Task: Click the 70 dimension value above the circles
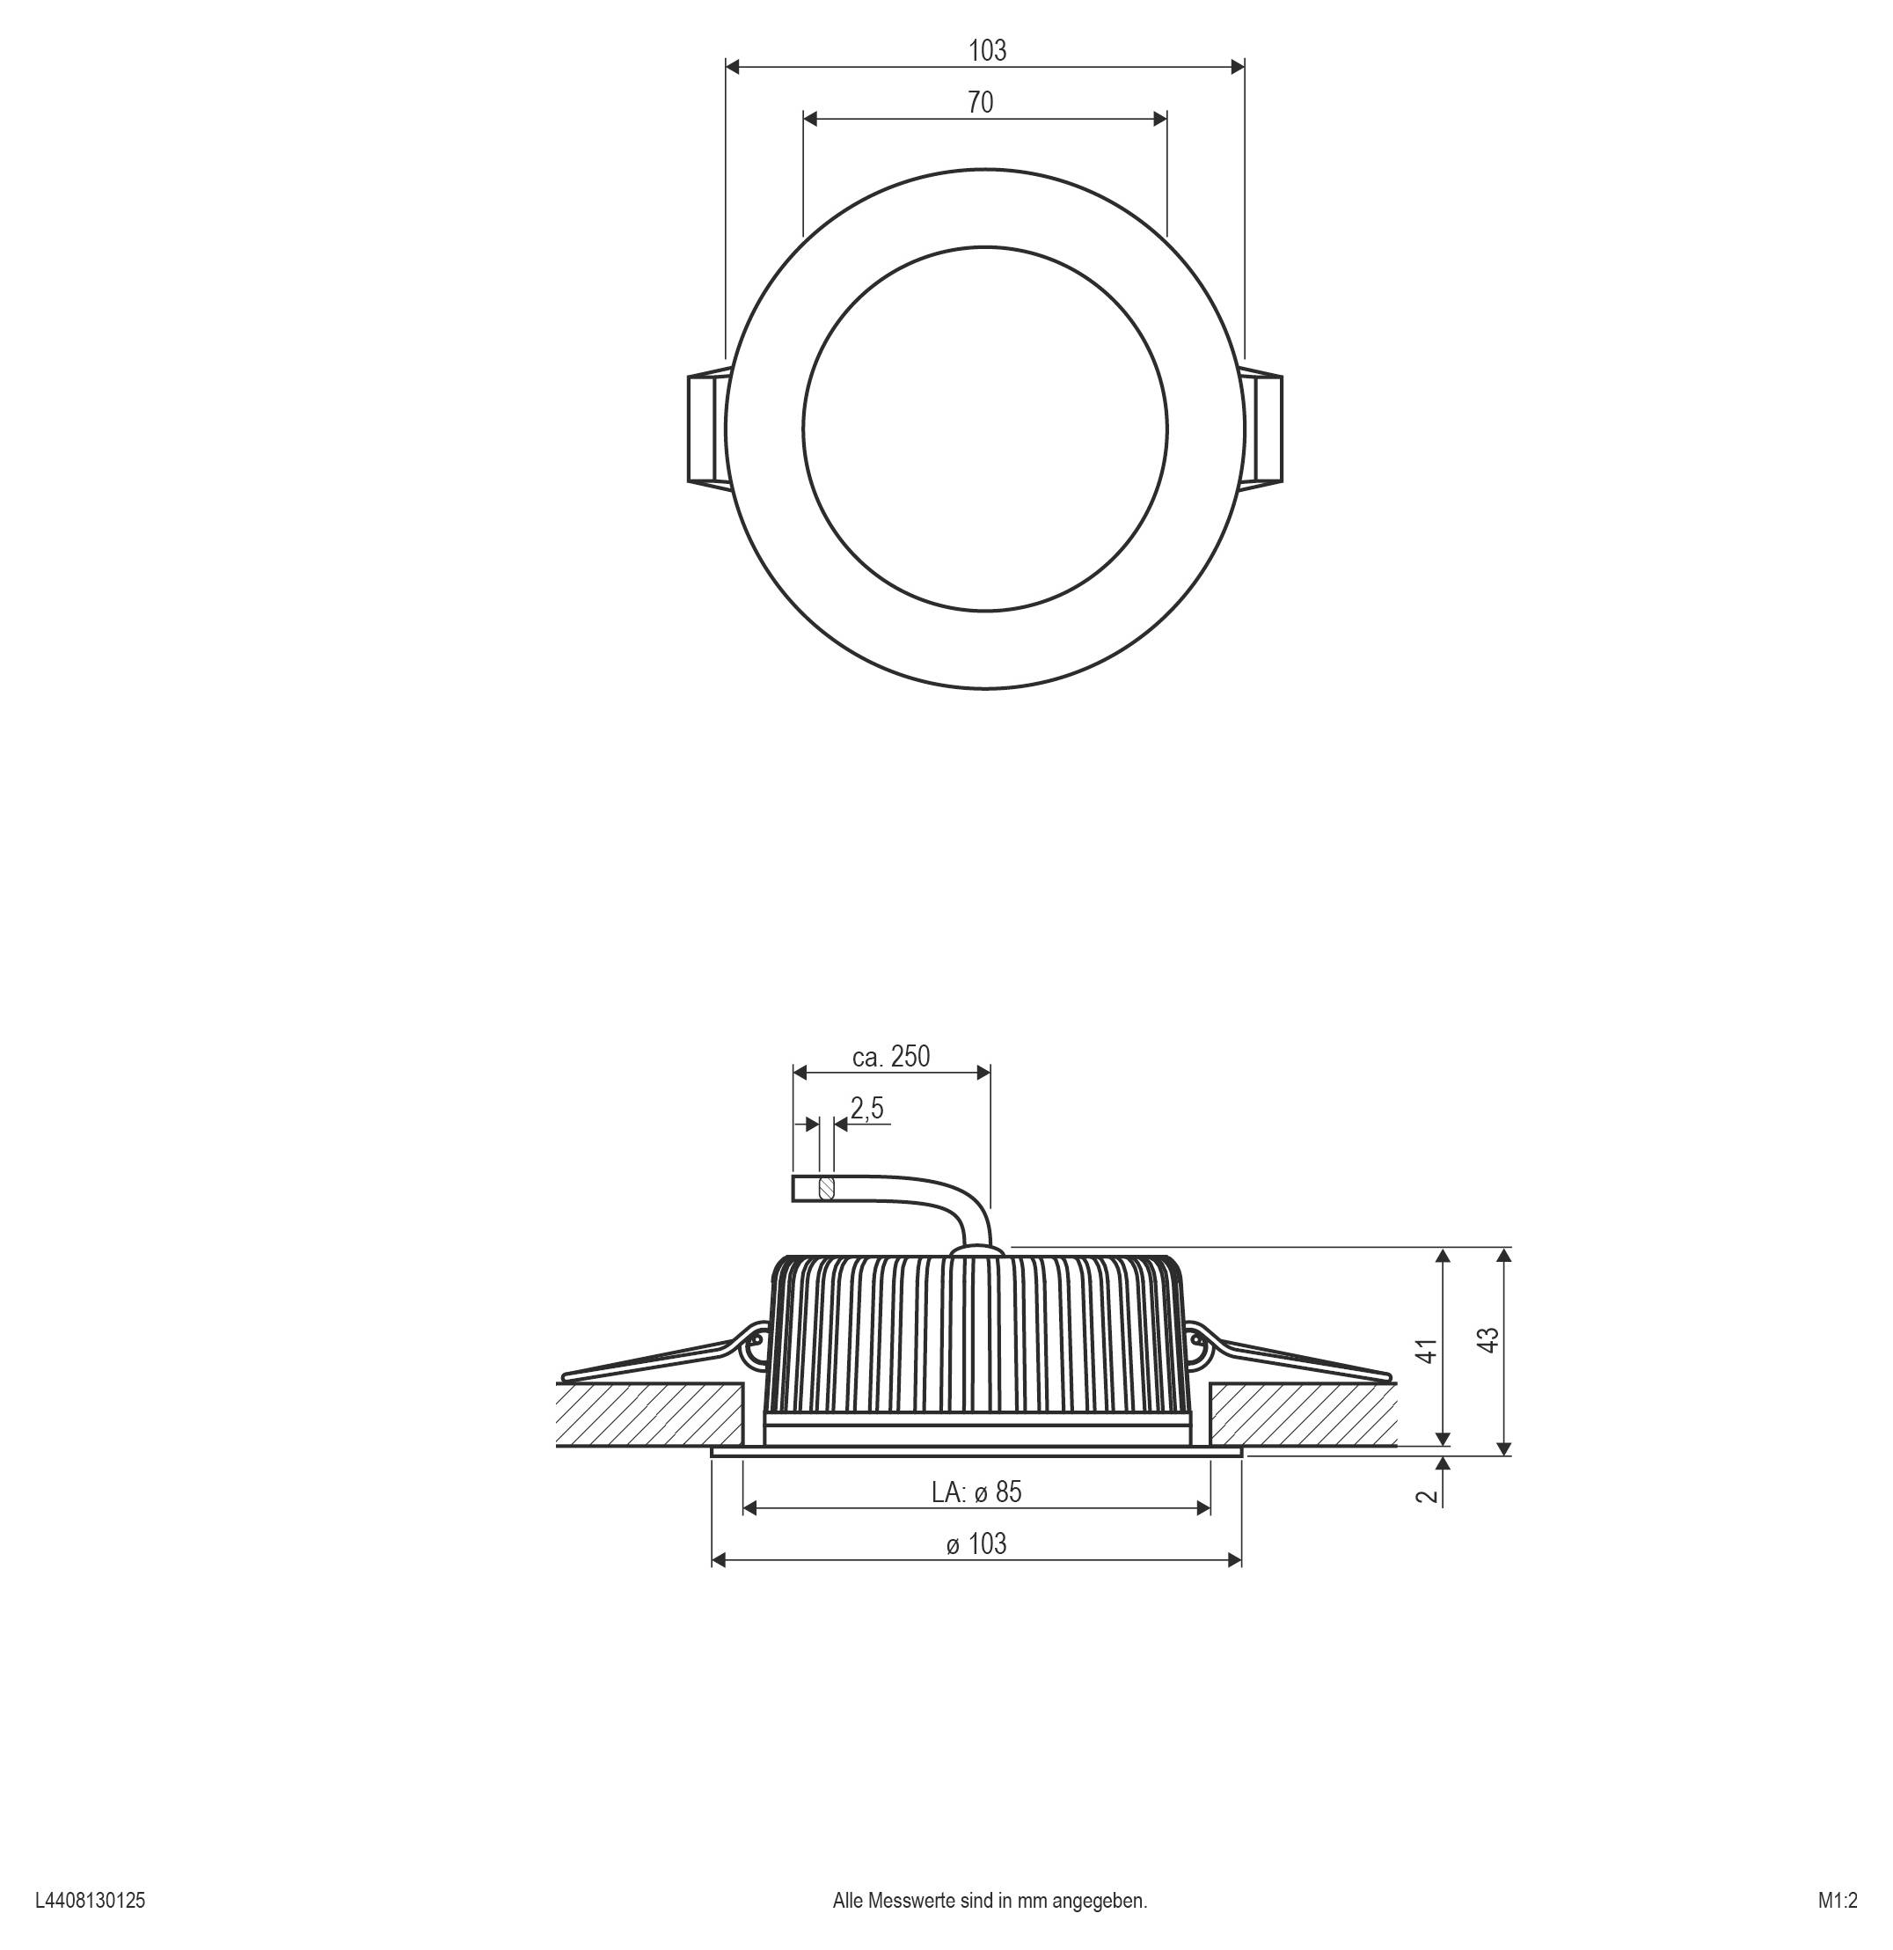tap(980, 102)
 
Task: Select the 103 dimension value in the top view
tap(987, 51)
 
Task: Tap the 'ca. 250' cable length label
tap(890, 1057)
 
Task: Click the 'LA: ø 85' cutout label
tap(976, 1492)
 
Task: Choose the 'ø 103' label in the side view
tap(976, 1544)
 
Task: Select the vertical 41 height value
tap(1428, 1351)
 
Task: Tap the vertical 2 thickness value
tap(1428, 1495)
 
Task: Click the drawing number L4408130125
tap(90, 1900)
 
